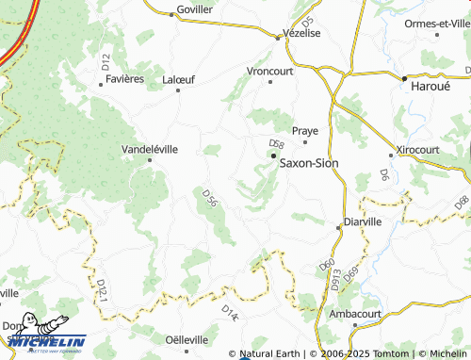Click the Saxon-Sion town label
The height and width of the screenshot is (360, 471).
309,162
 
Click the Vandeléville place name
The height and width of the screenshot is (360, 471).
150,149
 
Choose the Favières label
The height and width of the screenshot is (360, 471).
124,79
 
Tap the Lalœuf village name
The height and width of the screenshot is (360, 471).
178,79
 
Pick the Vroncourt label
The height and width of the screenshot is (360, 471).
269,71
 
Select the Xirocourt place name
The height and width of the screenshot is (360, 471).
417,150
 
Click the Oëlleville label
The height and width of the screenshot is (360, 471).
186,339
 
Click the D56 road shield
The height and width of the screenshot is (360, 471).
210,196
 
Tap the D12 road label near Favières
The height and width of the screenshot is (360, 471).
106,61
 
